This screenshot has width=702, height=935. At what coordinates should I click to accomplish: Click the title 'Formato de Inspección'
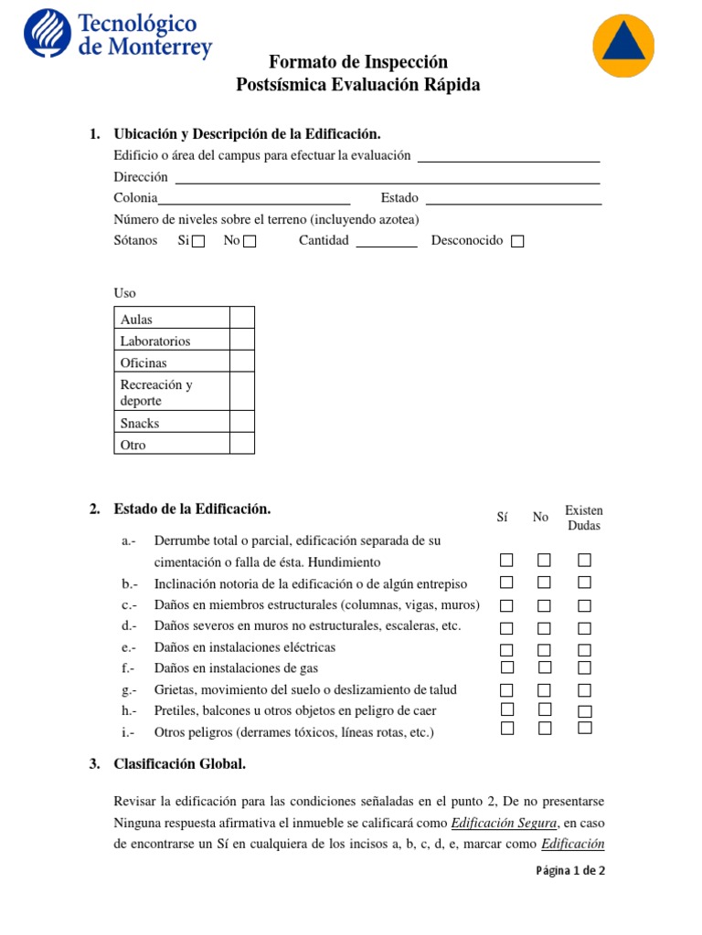point(358,62)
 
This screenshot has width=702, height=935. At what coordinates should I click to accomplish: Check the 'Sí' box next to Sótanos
point(198,242)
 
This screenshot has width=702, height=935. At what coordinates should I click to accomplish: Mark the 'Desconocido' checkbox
point(517,242)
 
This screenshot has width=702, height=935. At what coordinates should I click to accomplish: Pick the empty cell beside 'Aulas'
point(241,318)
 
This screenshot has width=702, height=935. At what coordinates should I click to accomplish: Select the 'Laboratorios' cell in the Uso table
point(173,341)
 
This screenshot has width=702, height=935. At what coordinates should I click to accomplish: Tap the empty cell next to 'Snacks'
point(241,422)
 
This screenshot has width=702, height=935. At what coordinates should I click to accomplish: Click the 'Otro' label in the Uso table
point(173,445)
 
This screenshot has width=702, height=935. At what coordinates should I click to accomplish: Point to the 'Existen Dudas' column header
point(584,518)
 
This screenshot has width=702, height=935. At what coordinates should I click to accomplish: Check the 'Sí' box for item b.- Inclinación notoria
point(506,583)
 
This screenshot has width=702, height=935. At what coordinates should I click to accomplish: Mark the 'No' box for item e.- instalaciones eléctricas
point(544,650)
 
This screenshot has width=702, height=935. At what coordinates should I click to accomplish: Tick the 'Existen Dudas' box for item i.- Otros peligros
point(585,728)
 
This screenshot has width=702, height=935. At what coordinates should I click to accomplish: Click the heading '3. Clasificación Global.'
point(179,764)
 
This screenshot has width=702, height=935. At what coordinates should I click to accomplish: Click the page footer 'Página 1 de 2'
point(570,870)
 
